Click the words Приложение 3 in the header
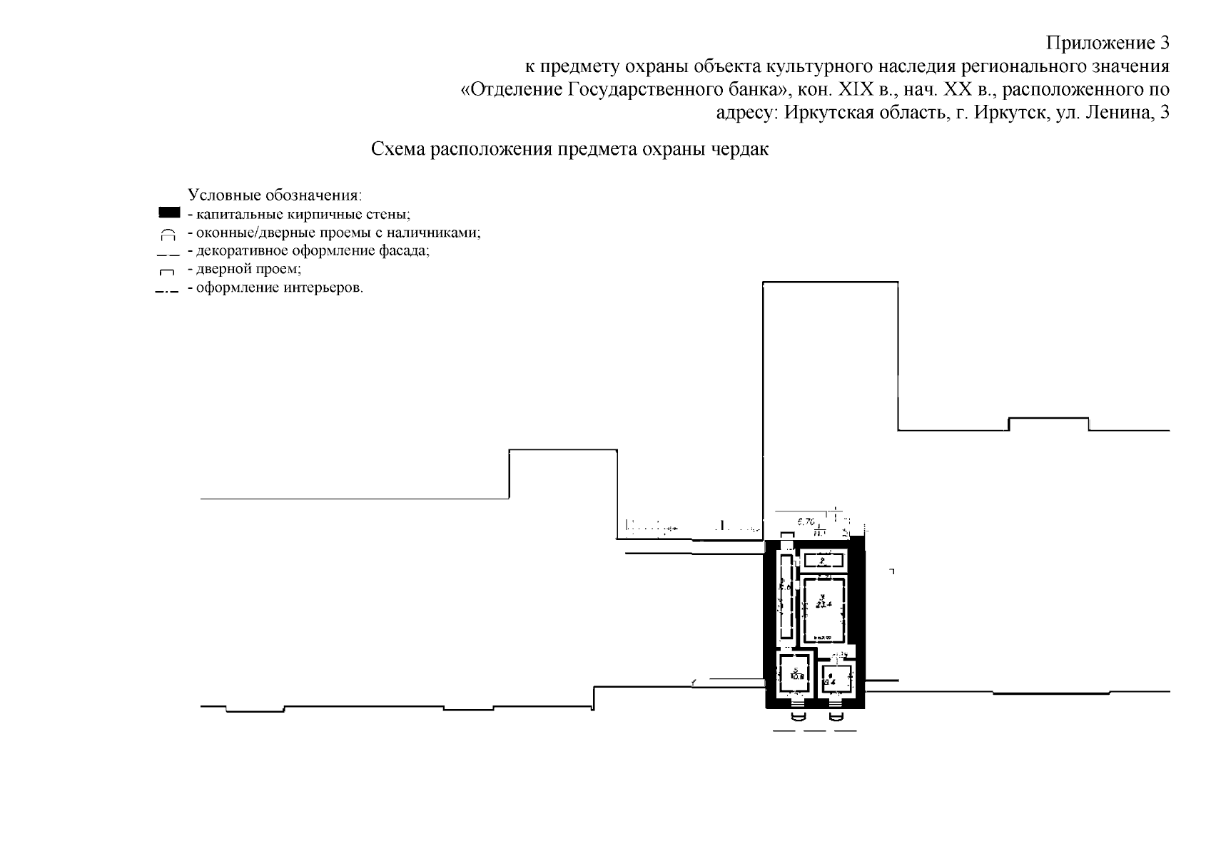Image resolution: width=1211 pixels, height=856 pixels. coord(1108,44)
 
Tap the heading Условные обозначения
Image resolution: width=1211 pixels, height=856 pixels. coord(275,195)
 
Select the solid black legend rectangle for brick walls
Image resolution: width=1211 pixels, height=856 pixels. coord(169,213)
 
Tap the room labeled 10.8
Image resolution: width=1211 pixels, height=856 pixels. coord(796,675)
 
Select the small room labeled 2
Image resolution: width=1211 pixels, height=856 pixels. coord(824,560)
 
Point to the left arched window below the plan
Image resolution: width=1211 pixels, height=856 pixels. coord(799,715)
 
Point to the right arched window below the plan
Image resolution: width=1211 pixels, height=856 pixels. coord(836,715)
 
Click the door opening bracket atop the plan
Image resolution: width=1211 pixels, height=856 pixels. coord(786,536)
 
